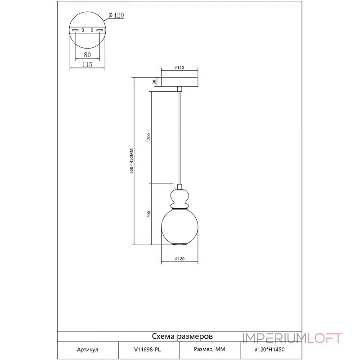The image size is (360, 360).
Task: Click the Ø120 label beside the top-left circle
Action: point(116,15)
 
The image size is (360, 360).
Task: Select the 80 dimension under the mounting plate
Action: point(87,54)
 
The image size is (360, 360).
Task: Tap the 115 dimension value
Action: point(87,65)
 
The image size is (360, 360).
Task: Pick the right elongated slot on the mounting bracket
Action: point(99,30)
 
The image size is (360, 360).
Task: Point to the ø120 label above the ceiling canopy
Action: point(179,67)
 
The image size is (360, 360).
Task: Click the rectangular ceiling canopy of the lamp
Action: point(179,82)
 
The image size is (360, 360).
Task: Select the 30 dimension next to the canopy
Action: point(154,82)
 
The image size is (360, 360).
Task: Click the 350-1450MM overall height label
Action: point(132,161)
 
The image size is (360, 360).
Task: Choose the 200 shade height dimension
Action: point(149,214)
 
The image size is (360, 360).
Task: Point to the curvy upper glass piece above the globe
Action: point(179,197)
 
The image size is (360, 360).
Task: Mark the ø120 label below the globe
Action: point(179,259)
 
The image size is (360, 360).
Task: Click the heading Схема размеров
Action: point(182,336)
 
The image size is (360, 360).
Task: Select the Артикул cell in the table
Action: point(88,349)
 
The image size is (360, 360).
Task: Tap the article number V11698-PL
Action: point(148,349)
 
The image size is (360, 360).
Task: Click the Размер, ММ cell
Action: point(209,349)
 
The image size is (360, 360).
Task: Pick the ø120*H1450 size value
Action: point(270,349)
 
